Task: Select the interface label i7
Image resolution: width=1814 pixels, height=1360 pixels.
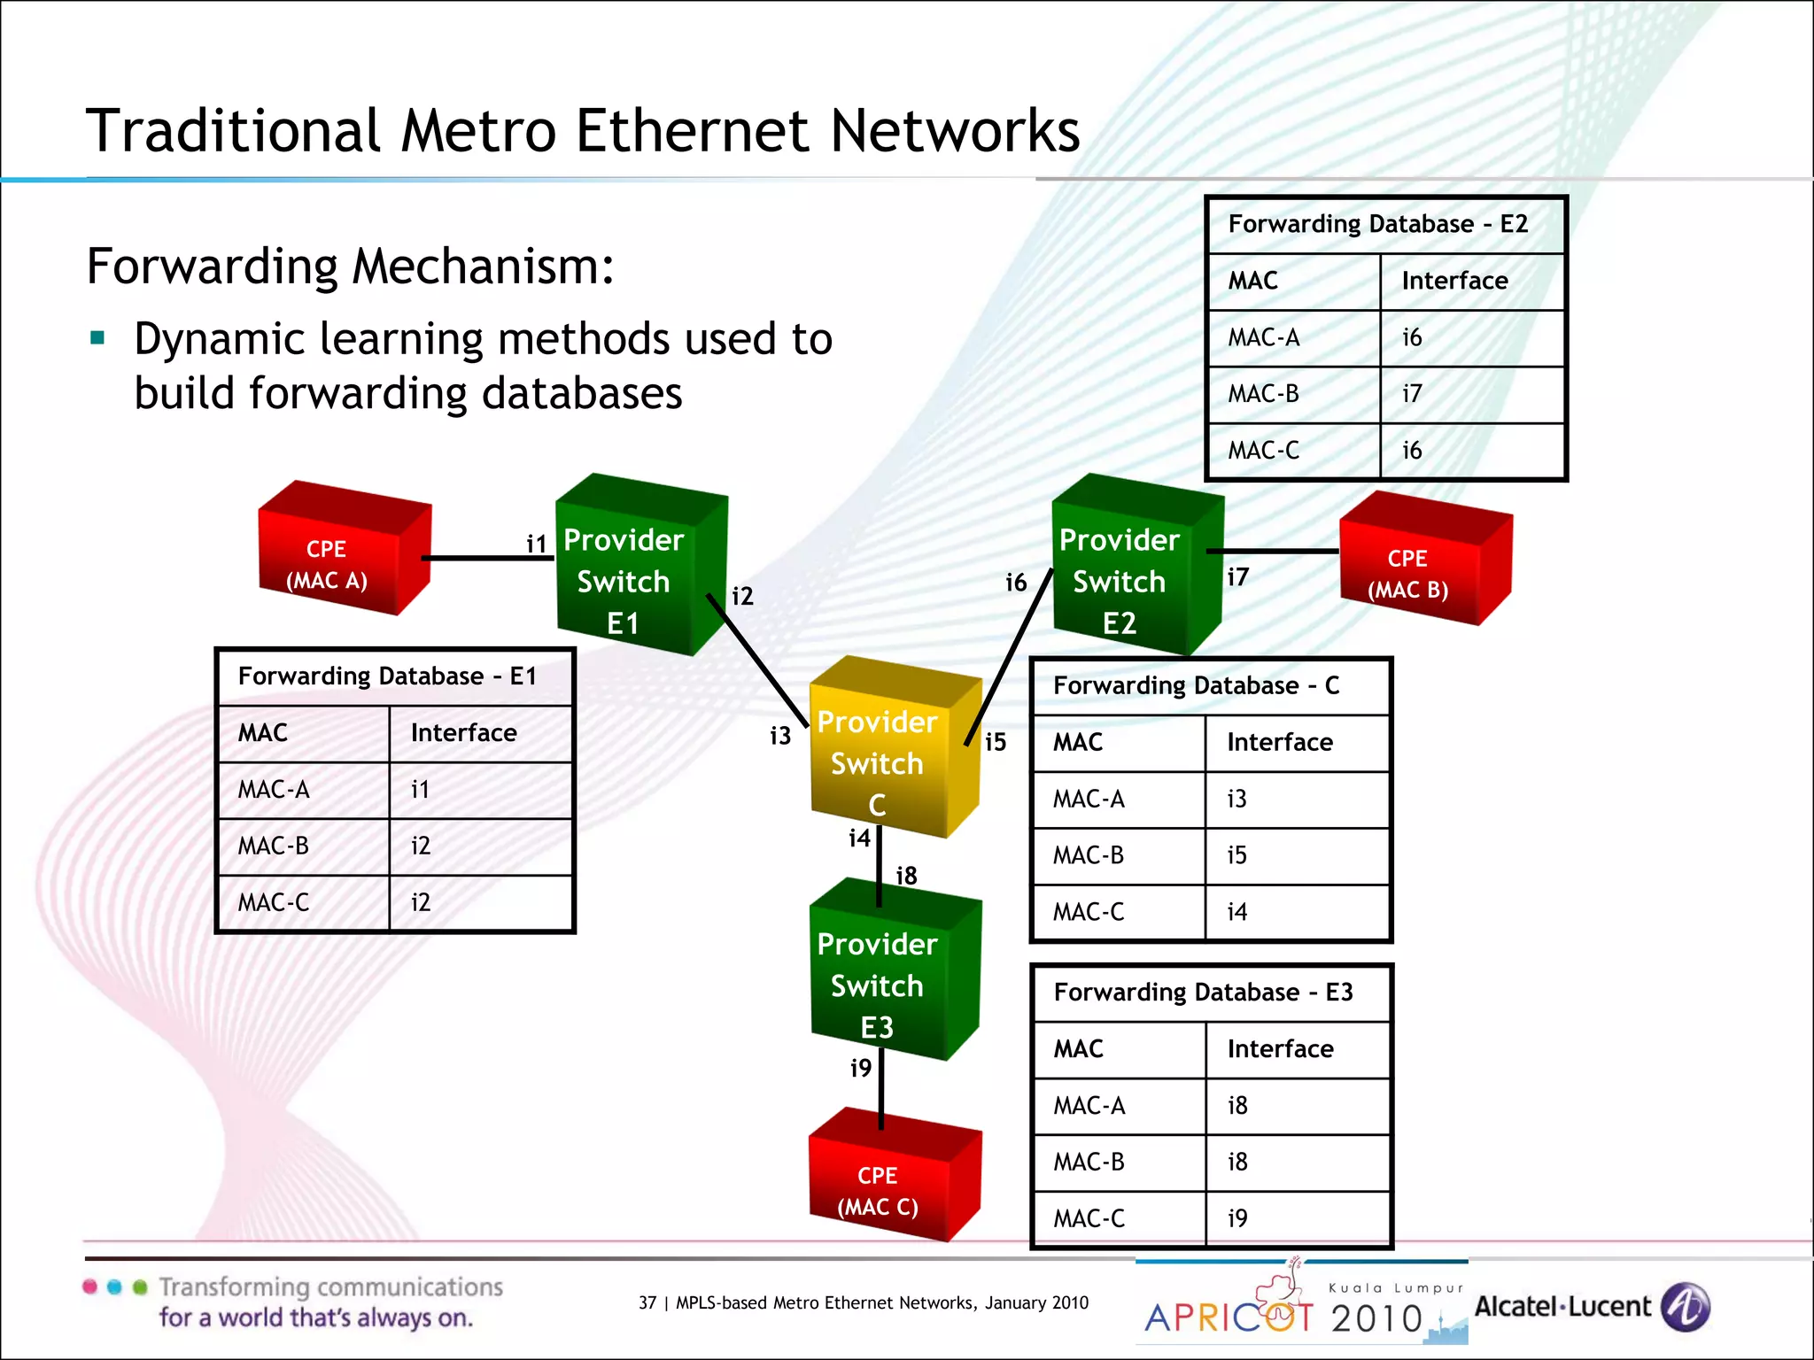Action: [1237, 578]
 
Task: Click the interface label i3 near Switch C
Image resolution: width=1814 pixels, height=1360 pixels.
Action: [779, 736]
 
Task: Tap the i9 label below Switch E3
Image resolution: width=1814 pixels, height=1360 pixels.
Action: [860, 1069]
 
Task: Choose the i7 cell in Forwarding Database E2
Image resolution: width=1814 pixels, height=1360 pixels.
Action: [1412, 394]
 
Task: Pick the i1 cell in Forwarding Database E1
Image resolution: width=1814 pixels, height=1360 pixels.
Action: [420, 790]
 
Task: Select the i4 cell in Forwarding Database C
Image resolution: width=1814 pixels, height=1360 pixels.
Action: [1236, 912]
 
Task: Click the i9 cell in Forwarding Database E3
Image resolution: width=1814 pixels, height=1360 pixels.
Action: [1236, 1219]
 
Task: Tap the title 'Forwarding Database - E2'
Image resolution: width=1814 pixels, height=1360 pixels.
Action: [1377, 224]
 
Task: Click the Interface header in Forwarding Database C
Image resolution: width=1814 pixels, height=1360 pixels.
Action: [1279, 742]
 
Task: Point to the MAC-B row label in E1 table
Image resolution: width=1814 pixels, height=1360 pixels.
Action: [273, 846]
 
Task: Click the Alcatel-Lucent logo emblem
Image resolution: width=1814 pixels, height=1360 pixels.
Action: [1685, 1307]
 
